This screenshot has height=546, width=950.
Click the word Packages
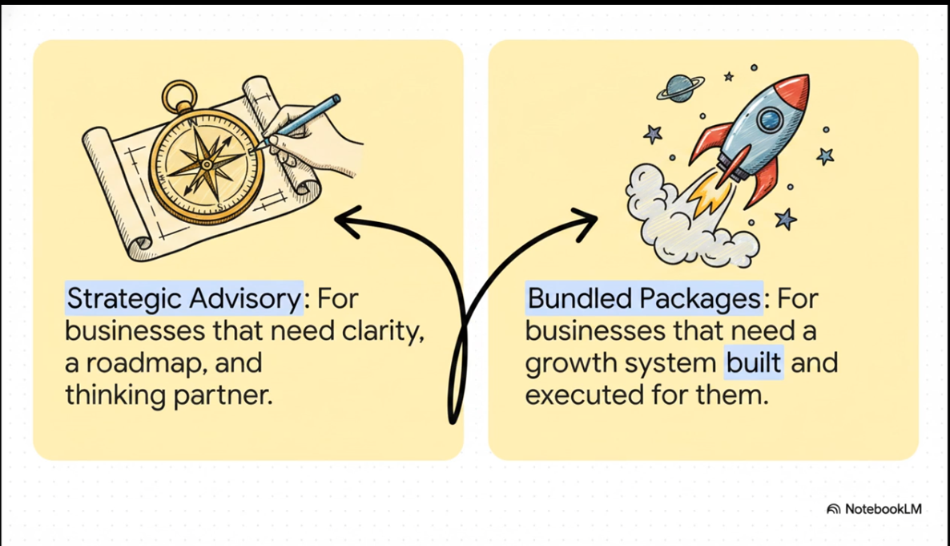point(700,298)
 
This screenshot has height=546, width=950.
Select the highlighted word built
point(754,362)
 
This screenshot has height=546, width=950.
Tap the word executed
point(578,394)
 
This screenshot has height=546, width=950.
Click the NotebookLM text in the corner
point(884,509)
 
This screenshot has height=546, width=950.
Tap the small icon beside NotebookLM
point(833,509)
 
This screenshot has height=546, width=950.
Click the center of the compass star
point(206,164)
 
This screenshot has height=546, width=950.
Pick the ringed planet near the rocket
point(680,88)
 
